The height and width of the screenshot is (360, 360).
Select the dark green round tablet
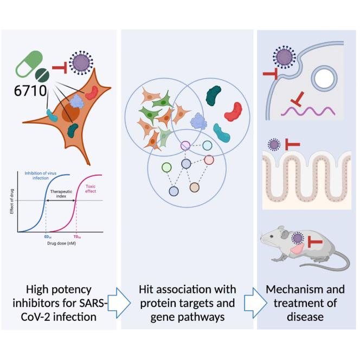pos(41,75)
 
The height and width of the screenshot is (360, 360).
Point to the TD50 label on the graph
pos(76,237)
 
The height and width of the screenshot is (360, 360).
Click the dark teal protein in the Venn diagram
pos(214,96)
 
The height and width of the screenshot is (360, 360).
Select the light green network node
pos(166,168)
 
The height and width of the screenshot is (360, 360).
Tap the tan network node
pos(195,188)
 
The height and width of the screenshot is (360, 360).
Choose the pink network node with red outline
pos(209,159)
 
